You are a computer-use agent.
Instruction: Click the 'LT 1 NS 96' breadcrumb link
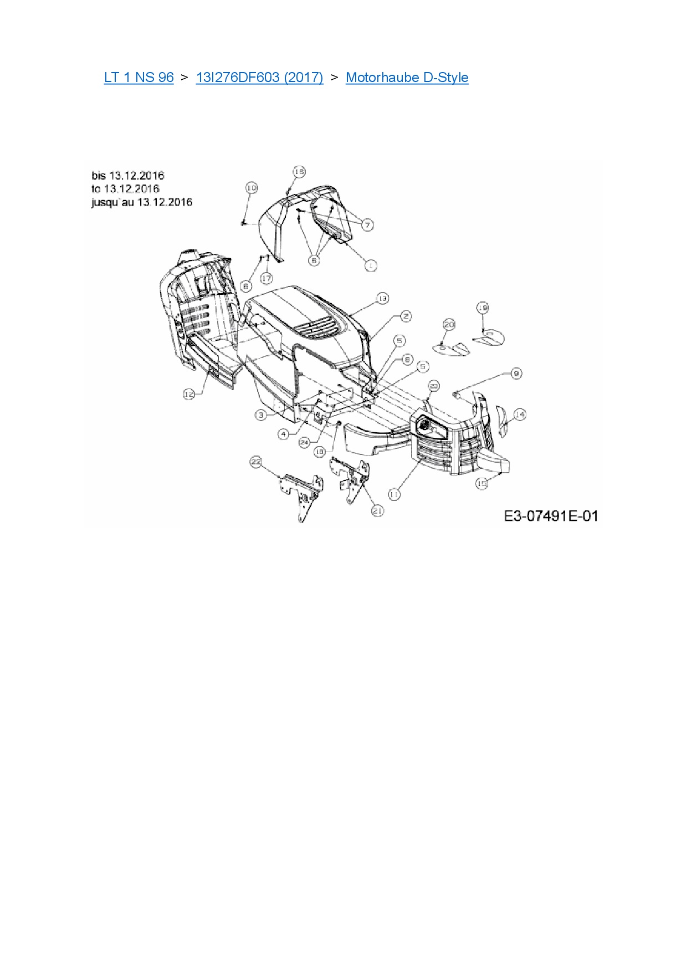point(139,78)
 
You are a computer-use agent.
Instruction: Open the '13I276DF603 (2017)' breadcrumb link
point(259,78)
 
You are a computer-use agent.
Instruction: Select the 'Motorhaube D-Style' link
point(407,78)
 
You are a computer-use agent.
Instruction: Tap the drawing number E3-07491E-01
point(551,516)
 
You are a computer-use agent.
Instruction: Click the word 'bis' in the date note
point(99,176)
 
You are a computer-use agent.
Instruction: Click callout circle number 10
point(252,188)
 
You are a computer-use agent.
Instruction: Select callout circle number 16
point(299,172)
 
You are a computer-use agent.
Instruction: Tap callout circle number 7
point(368,224)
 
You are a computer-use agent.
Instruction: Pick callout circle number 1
point(371,265)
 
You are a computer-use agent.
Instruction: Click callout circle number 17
point(266,278)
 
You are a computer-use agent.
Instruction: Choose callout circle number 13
point(382,299)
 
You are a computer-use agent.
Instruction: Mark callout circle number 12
point(189,394)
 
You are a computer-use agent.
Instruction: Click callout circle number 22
point(256,462)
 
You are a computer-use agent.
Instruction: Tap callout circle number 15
point(482,483)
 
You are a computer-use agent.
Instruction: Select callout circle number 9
point(516,374)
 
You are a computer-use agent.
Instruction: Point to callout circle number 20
point(449,325)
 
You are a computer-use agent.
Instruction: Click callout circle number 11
point(394,494)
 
